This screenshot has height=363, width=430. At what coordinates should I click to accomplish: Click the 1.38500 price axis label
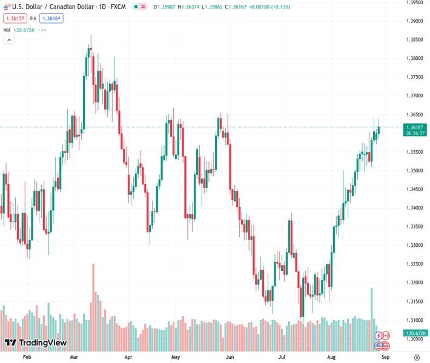(x=415, y=39)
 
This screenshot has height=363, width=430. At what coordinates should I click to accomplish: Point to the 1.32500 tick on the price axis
(x=415, y=264)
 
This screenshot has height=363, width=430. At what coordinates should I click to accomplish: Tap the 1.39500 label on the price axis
(x=415, y=2)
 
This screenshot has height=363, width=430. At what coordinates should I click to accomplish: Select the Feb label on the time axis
(x=27, y=358)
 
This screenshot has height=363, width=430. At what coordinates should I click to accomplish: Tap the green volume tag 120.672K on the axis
(x=416, y=333)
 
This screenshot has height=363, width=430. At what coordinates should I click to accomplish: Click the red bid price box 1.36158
(x=15, y=18)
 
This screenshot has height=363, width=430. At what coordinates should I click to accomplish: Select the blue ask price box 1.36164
(x=51, y=18)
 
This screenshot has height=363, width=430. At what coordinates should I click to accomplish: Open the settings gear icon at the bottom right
(x=417, y=358)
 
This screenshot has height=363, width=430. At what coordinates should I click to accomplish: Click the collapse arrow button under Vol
(x=9, y=40)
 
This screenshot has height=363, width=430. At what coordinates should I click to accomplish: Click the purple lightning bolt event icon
(x=379, y=335)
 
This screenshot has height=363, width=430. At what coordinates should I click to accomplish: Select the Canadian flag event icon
(x=386, y=335)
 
